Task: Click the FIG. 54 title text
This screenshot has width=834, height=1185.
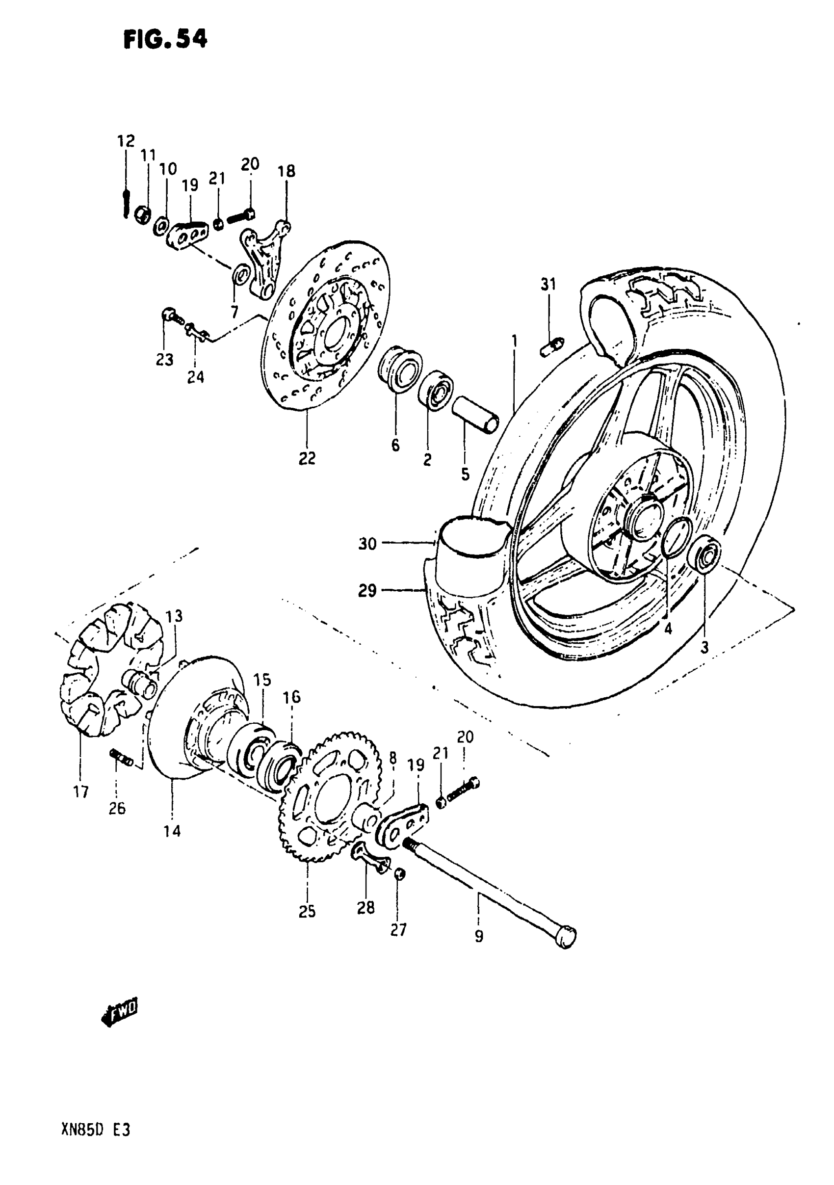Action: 165,39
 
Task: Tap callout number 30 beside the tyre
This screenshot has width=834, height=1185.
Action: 367,544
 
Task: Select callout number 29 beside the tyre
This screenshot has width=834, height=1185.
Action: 367,590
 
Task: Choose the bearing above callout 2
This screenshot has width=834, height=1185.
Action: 436,390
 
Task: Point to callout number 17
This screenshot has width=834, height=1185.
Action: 81,792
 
